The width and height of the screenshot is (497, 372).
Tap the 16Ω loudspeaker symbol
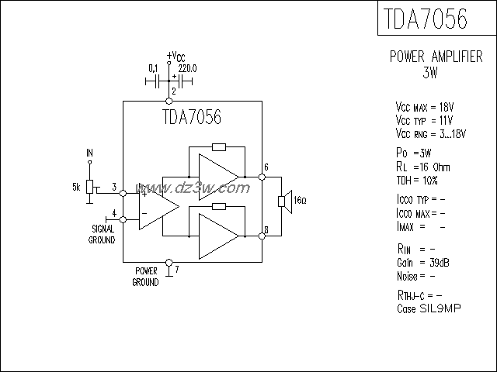284,202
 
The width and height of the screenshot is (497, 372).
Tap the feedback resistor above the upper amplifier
218,147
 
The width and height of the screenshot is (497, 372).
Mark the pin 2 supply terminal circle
170,102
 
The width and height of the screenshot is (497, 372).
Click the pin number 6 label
266,167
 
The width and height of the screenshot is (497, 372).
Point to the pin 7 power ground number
177,270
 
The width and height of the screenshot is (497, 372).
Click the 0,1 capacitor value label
153,68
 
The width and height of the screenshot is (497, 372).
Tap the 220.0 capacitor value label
187,68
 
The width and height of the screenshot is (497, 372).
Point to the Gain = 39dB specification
423,263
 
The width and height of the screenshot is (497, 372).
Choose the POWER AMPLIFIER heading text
436,57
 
